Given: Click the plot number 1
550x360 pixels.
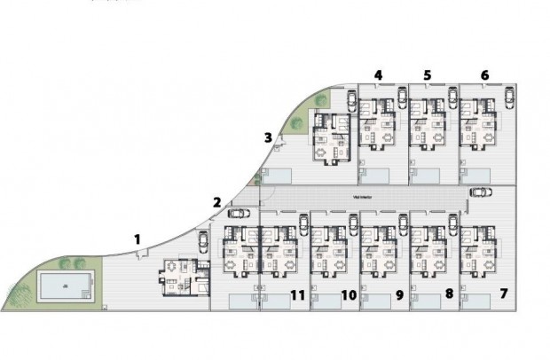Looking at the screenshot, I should [x=137, y=238].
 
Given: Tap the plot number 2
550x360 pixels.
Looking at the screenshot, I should [x=216, y=201].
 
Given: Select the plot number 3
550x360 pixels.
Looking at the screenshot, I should [x=268, y=137].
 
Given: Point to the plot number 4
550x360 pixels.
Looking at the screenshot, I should [x=379, y=75].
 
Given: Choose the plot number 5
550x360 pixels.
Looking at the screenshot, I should [x=428, y=75].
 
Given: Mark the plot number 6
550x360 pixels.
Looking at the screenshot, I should [x=484, y=75].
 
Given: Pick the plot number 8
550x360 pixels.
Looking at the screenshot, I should [x=449, y=293].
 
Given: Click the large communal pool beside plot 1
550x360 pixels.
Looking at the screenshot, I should [x=66, y=286].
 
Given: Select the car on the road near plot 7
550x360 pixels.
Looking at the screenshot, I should [x=480, y=192].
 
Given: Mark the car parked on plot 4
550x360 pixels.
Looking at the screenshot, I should [x=351, y=99].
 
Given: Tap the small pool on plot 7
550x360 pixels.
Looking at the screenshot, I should [x=480, y=303].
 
